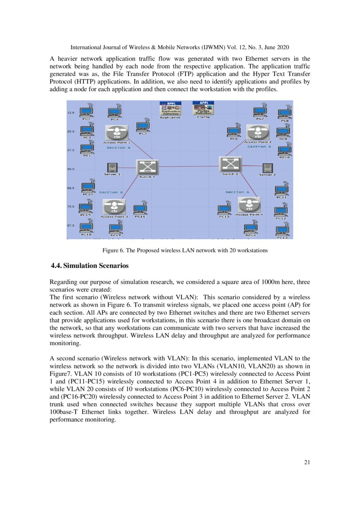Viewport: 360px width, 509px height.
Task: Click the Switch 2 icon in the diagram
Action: point(229,164)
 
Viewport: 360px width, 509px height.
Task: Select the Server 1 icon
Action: point(112,167)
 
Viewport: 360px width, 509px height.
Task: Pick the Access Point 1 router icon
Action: point(116,132)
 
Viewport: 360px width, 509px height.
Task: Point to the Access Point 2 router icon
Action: point(257,132)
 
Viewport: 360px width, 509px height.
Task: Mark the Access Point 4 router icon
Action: point(249,205)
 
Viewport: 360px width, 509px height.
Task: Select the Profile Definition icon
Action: point(203,108)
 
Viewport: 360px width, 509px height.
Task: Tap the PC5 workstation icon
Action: point(143,126)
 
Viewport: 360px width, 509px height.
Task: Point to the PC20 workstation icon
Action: point(88,186)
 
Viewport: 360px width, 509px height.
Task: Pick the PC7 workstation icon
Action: point(260,111)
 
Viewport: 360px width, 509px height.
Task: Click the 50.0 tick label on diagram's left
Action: point(71,169)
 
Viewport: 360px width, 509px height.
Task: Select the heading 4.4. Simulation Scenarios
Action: point(90,265)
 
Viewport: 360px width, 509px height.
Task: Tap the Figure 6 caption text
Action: point(185,250)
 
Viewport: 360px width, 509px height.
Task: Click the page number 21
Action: point(307,462)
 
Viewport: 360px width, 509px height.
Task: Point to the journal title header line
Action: point(180,47)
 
